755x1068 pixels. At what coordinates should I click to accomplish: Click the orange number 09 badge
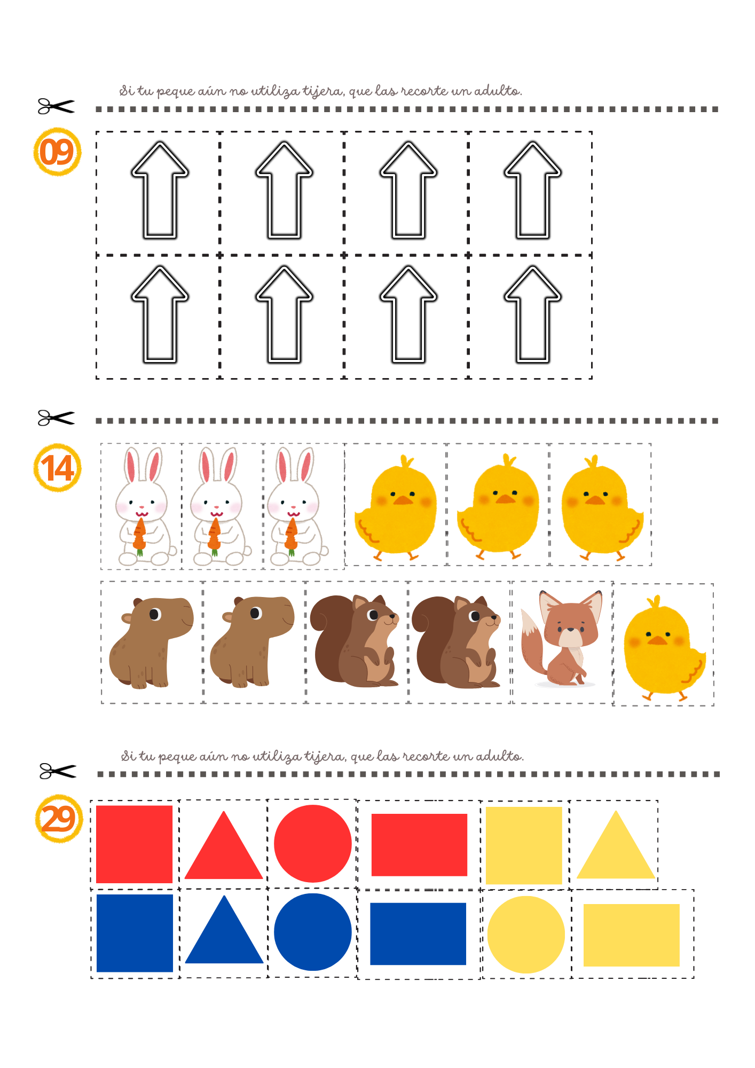point(57,152)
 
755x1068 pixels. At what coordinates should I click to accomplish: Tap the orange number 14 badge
point(57,468)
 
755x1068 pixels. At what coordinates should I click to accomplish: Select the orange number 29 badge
point(59,819)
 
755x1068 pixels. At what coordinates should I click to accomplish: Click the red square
point(134,844)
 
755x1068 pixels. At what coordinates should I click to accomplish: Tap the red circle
point(313,844)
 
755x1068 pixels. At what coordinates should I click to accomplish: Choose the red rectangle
point(419,845)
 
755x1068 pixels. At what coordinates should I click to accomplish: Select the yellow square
point(524,845)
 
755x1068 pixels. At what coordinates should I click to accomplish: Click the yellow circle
point(526,934)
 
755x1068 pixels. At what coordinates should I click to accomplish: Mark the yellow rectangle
point(632,935)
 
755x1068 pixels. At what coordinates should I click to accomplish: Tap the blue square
point(135,933)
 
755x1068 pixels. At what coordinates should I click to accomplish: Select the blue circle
point(313,932)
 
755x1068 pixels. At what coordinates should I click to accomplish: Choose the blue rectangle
point(418,934)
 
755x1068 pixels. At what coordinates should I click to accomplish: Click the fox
point(562,638)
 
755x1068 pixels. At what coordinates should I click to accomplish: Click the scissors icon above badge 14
point(56,418)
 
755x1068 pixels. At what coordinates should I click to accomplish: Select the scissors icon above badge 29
point(58,771)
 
